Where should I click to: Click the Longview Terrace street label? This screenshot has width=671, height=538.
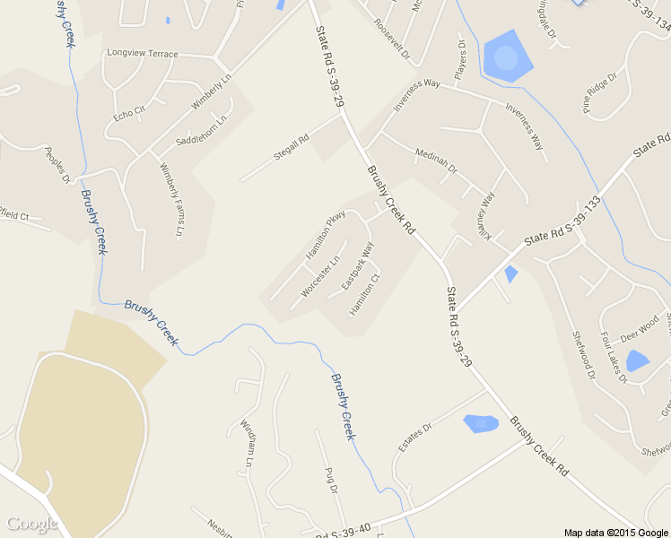coord(143,54)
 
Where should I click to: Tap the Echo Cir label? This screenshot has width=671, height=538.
coord(129,114)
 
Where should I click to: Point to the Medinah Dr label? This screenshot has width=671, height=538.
coord(436,161)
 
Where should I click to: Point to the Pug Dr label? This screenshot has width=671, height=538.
coord(331,480)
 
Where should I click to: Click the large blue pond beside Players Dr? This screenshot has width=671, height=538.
coord(506,56)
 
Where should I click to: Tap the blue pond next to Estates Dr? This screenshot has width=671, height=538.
coord(480,423)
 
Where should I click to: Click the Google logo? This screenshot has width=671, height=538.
coord(31,524)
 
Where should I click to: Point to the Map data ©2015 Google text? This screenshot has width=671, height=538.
coord(615,532)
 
